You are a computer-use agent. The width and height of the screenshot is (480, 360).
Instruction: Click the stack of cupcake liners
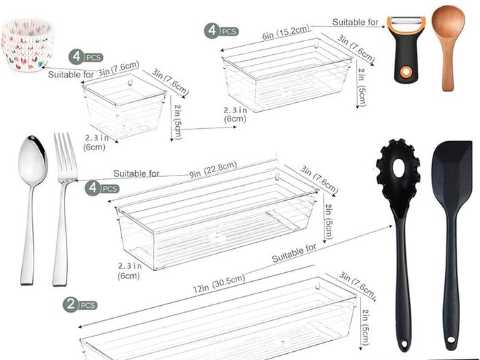(28, 45)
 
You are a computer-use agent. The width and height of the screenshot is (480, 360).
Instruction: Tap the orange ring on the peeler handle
(407, 71)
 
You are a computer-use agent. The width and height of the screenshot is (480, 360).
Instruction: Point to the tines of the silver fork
(65, 156)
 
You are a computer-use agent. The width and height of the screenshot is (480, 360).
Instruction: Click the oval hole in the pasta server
(399, 167)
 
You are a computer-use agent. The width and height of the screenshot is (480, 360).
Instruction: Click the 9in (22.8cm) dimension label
(213, 169)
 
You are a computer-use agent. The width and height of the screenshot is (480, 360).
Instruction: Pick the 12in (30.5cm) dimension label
(219, 283)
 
